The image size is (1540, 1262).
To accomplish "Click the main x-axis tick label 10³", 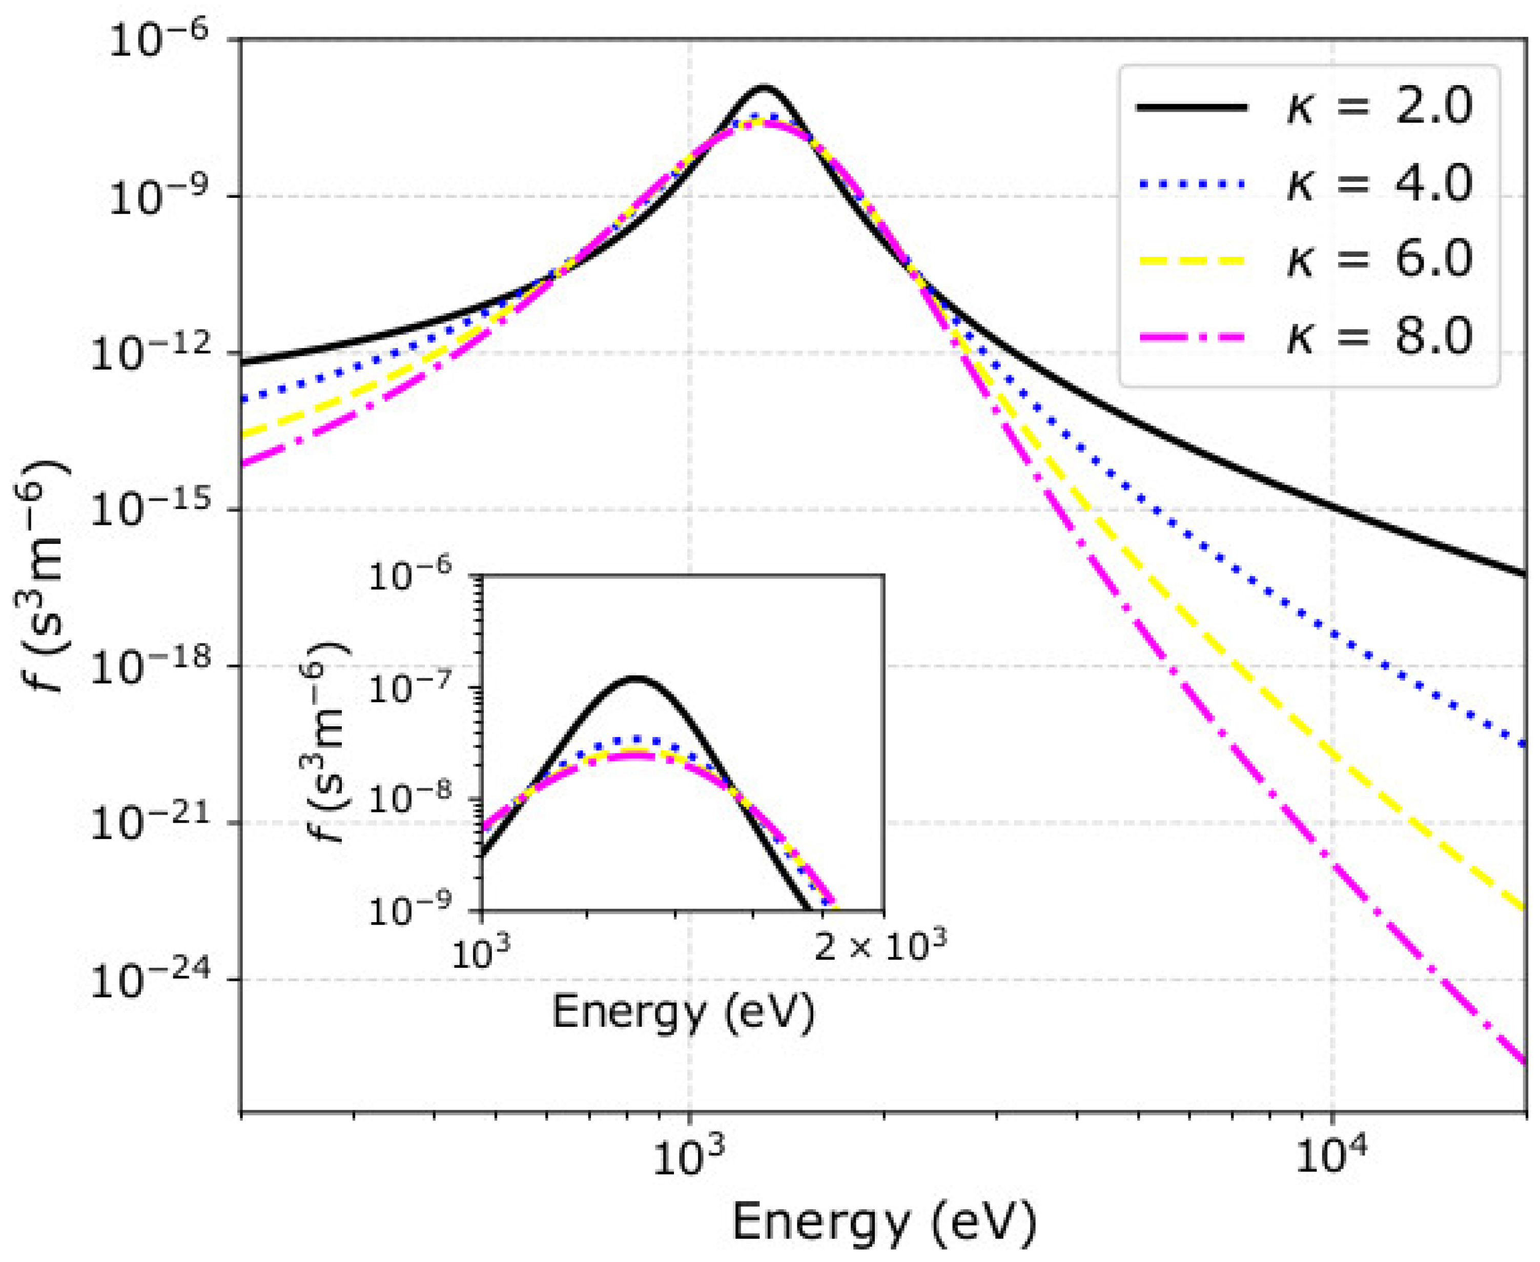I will click(x=688, y=1157).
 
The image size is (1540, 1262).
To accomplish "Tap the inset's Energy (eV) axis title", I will click(x=683, y=1010).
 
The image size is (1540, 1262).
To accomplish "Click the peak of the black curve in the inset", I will click(x=636, y=678).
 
